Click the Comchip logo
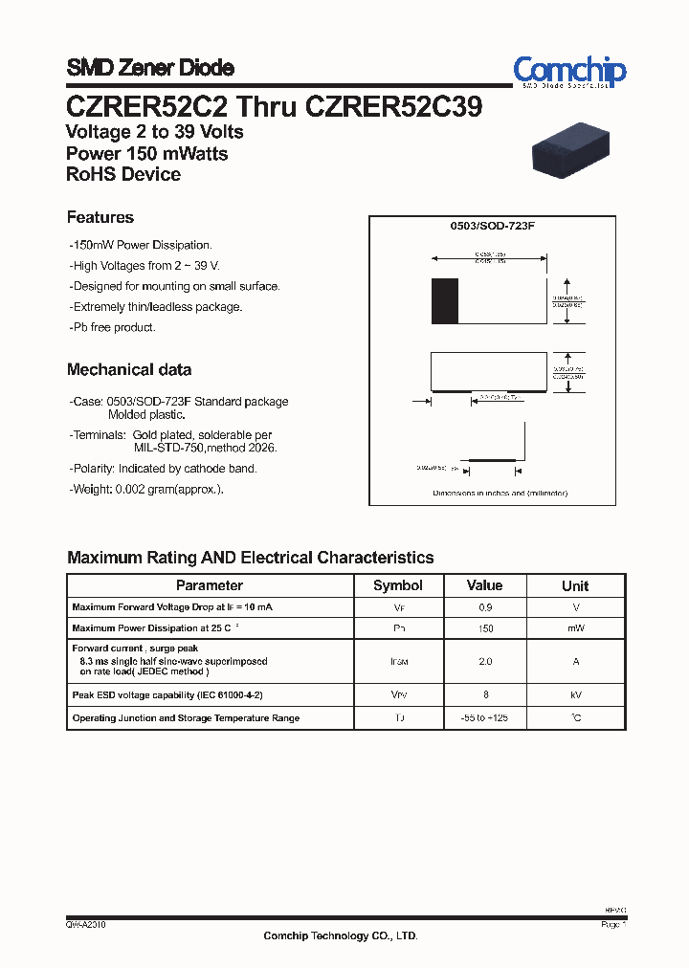coord(569,71)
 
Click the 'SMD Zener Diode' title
coord(150,68)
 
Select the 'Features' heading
coord(100,217)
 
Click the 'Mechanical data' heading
coord(129,369)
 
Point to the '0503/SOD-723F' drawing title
coord(492,227)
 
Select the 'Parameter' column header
coord(210,585)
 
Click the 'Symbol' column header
coord(397,585)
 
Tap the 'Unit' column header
coord(575,585)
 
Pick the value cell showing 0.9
coord(484,607)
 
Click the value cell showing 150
coord(484,628)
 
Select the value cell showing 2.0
coord(484,661)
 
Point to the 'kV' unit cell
coord(575,695)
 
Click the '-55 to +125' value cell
coord(484,717)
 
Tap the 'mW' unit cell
coord(575,628)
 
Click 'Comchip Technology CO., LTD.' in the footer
coord(341,936)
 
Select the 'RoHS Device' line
coord(123,174)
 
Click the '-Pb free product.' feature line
coord(112,327)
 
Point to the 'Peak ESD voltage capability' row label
coord(167,695)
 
